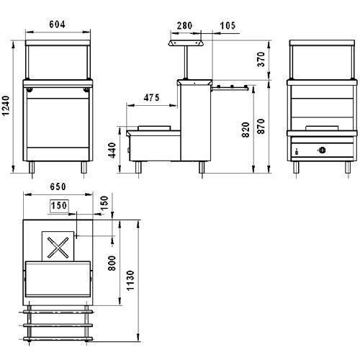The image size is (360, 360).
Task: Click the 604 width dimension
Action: point(57,24)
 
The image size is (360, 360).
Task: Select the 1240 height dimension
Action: point(6,106)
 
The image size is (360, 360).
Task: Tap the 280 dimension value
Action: point(184,25)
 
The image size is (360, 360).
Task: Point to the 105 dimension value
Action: point(228,25)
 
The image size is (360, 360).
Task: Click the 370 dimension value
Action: point(261,59)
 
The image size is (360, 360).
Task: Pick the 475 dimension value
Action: point(151,98)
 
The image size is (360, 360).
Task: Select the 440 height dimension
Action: point(112,150)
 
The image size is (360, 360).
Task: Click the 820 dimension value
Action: point(246,130)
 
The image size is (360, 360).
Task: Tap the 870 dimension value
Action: point(261,126)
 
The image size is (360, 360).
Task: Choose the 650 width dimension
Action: point(58,186)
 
